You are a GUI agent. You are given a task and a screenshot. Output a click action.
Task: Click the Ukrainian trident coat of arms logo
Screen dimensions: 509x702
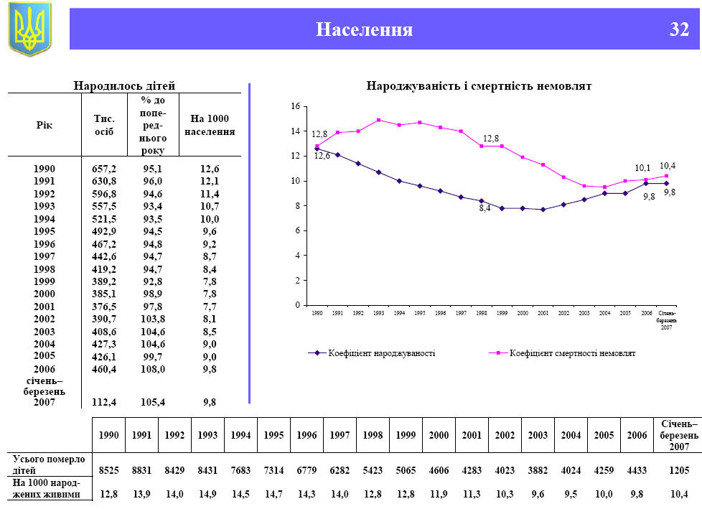(x=30, y=29)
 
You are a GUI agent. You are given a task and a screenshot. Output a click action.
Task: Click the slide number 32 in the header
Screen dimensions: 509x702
(x=679, y=29)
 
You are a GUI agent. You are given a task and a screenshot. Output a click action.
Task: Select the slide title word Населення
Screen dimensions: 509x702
(x=365, y=29)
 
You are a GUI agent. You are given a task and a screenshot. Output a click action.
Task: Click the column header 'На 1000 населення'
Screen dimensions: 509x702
(x=210, y=125)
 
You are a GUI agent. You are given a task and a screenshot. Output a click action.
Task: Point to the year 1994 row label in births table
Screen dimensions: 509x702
(x=45, y=219)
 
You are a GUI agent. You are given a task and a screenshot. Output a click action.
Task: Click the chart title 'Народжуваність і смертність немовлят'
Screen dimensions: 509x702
(x=479, y=85)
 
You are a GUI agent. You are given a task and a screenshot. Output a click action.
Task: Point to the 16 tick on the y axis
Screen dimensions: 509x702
(x=294, y=106)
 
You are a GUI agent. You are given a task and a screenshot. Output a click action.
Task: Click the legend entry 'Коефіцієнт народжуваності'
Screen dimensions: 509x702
(x=373, y=353)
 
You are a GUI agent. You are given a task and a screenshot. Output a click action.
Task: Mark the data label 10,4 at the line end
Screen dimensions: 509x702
(x=668, y=166)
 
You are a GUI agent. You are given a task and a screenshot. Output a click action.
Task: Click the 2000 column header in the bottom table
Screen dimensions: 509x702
(x=439, y=435)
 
